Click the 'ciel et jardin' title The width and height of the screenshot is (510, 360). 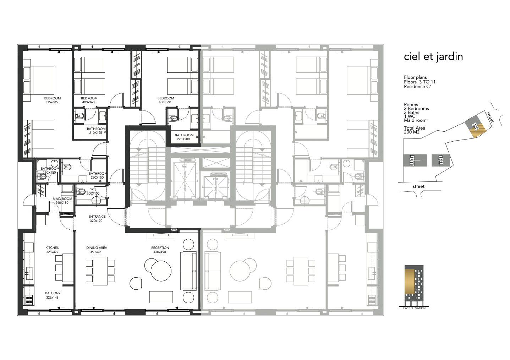(x=433, y=57)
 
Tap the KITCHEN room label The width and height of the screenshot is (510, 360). (x=53, y=248)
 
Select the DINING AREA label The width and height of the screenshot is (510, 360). (x=97, y=248)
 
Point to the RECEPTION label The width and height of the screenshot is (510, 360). (x=160, y=248)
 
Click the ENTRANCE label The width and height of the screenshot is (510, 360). (x=97, y=217)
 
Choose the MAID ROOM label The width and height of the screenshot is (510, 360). (x=62, y=199)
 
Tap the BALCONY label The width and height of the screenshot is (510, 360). (x=53, y=293)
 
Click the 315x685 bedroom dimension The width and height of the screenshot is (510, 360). (x=52, y=102)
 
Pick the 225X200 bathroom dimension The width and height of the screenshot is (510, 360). (x=183, y=139)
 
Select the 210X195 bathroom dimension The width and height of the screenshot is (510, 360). (x=95, y=132)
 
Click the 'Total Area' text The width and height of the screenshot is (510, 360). (x=415, y=128)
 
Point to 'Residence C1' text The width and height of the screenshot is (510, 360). (x=418, y=87)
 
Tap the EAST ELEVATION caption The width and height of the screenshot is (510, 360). (x=415, y=308)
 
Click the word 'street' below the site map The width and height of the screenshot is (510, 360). (x=418, y=186)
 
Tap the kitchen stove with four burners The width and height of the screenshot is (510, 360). (x=29, y=300)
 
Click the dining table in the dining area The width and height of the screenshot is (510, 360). (x=100, y=271)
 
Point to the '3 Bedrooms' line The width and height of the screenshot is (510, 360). (x=416, y=109)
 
